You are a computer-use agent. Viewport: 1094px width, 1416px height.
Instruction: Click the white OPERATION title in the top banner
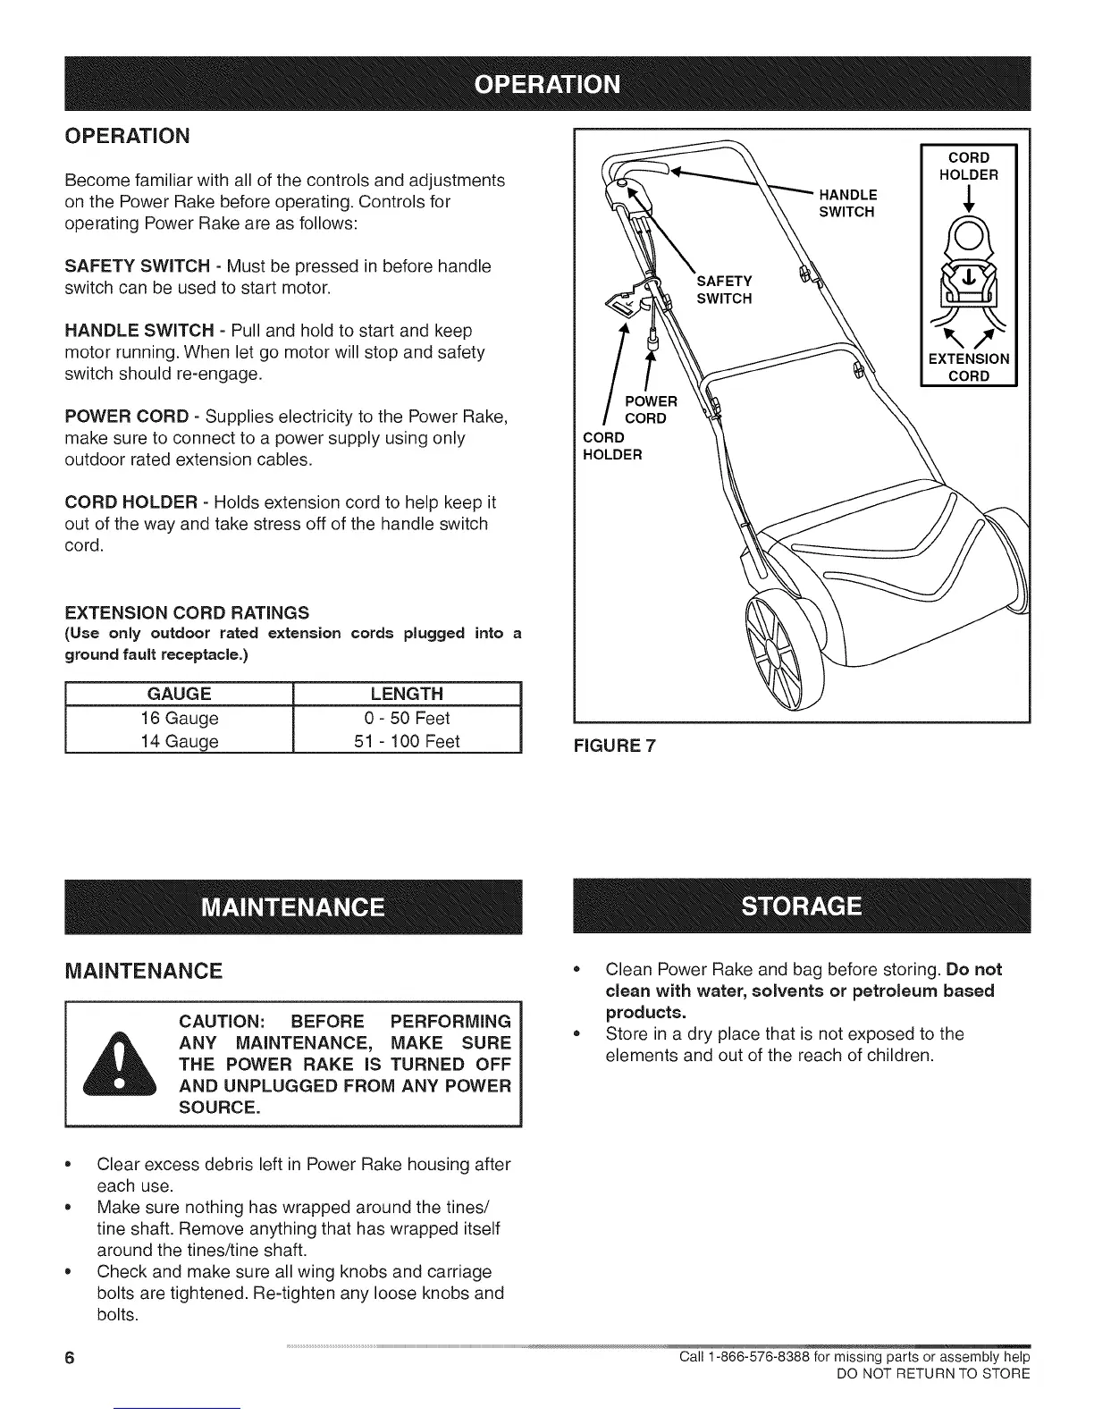point(546,84)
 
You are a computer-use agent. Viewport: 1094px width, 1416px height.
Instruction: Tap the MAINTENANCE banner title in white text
point(293,906)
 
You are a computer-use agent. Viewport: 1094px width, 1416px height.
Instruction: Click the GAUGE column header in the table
point(180,694)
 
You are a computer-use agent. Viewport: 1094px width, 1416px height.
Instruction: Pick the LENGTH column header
point(407,694)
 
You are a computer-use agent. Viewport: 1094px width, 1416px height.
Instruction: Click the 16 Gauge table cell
point(180,718)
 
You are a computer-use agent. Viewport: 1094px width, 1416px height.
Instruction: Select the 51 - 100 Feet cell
point(407,741)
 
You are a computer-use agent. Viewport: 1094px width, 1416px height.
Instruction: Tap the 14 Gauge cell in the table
point(180,741)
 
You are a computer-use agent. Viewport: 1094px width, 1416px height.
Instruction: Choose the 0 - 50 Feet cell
point(407,718)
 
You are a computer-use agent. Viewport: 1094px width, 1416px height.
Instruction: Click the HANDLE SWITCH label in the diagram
point(847,203)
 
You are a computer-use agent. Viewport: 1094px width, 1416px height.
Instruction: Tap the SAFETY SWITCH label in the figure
point(724,290)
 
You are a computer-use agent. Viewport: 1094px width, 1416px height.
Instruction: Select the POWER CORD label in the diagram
point(650,409)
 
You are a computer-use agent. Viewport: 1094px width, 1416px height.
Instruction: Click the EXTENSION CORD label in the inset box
point(969,367)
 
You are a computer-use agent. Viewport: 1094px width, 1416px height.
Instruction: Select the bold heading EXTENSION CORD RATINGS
point(187,612)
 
